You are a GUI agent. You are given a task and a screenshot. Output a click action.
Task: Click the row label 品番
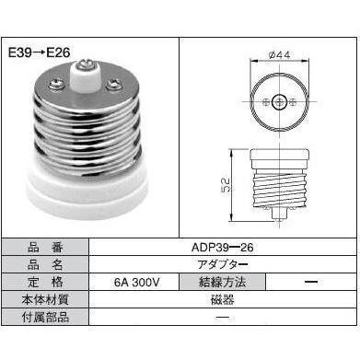tap(44, 246)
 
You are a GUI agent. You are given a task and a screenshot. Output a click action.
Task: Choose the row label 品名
tap(44, 263)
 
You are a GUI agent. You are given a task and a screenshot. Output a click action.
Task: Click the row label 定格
tap(44, 281)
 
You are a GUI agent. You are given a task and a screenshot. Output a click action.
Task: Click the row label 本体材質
tap(44, 298)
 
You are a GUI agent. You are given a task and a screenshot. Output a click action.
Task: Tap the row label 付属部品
tap(44, 317)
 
